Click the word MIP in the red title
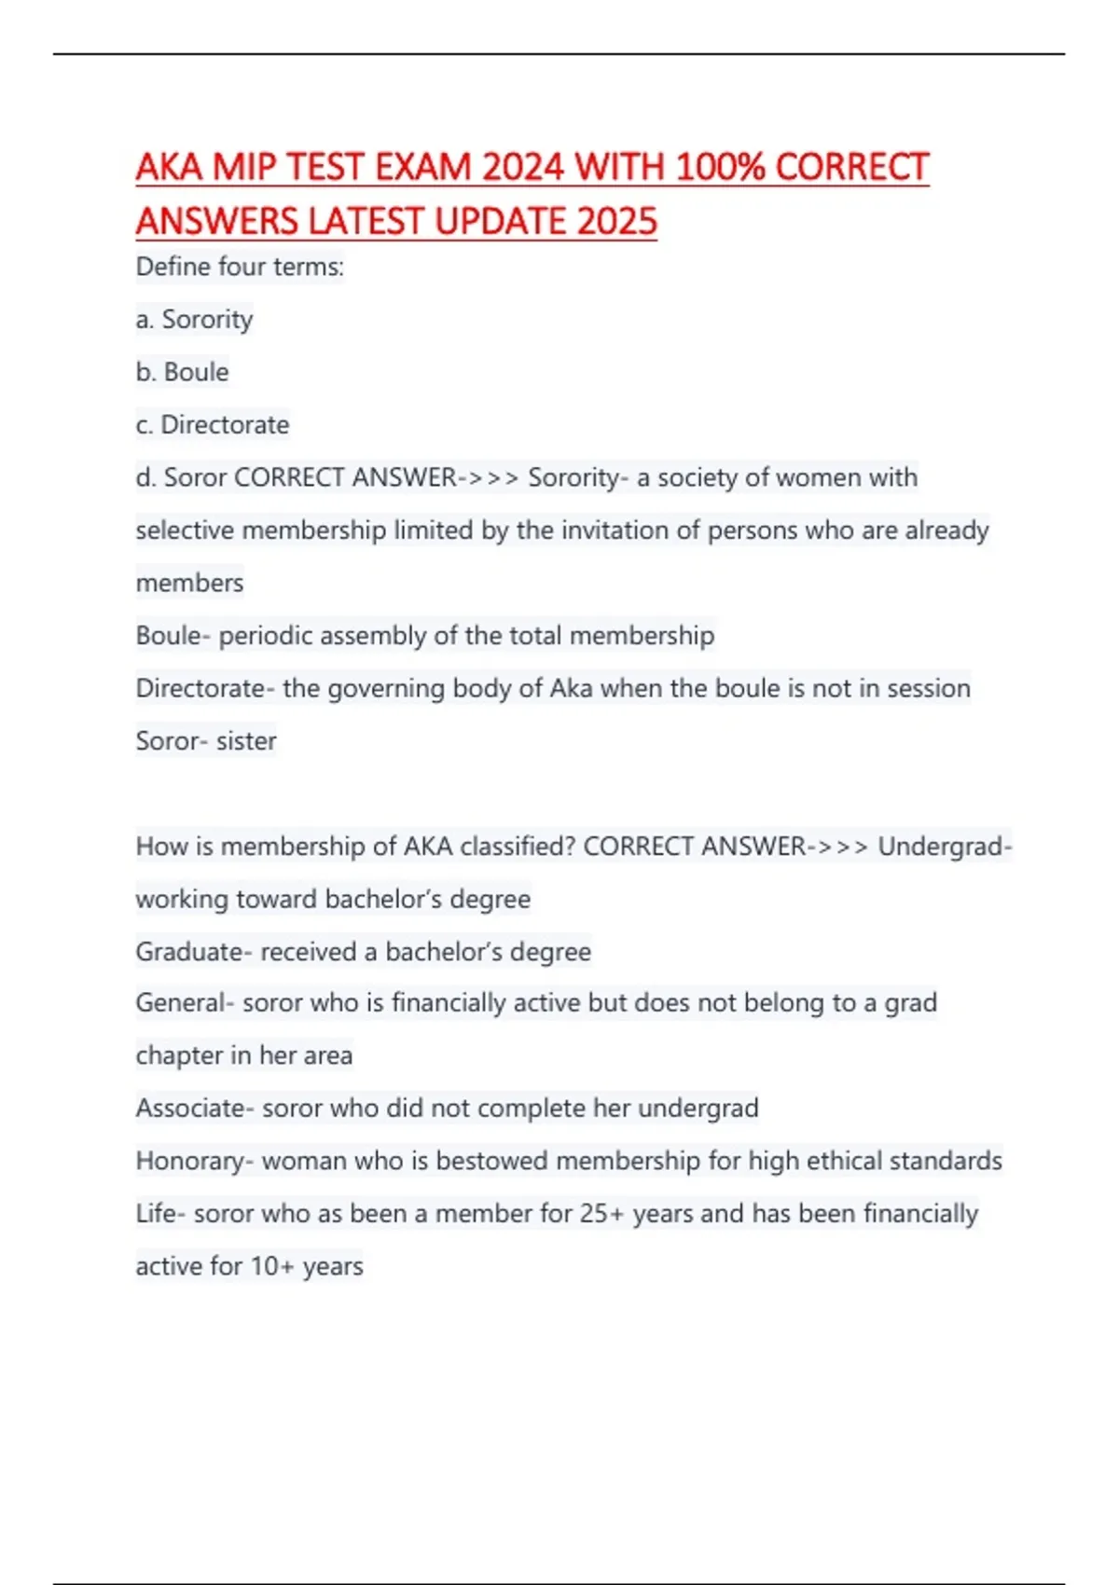(243, 168)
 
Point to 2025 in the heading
(616, 222)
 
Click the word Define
(173, 267)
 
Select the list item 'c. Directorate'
(213, 425)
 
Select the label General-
(185, 1003)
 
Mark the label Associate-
(195, 1109)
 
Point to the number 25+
(601, 1214)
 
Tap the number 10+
(271, 1266)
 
